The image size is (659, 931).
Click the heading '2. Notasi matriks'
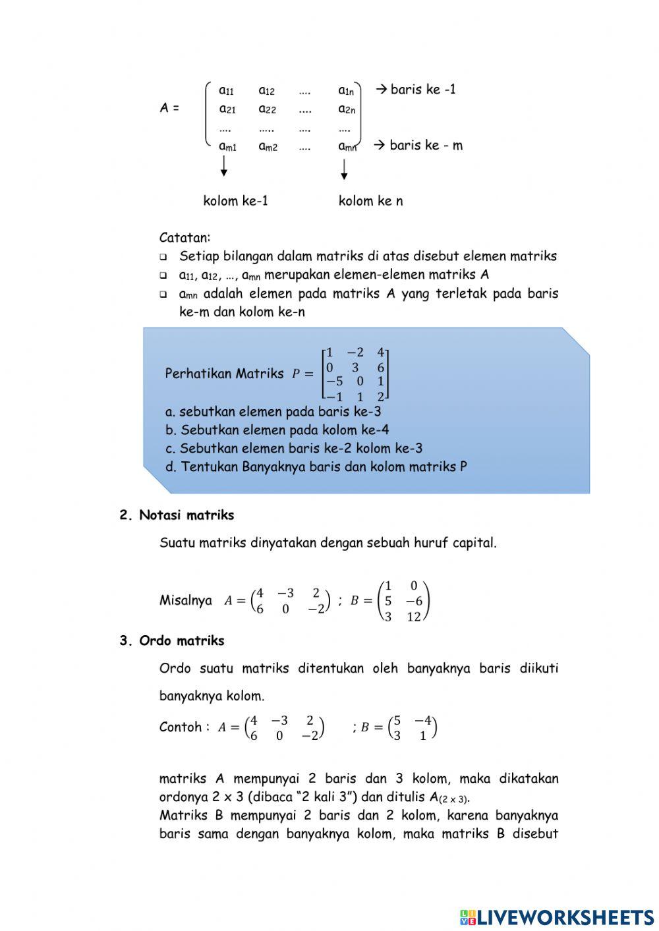click(x=177, y=515)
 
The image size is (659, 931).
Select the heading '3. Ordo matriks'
click(x=172, y=640)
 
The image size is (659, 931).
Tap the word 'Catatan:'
click(x=185, y=237)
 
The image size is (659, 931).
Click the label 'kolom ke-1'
click(x=235, y=201)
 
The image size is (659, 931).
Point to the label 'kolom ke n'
click(x=370, y=201)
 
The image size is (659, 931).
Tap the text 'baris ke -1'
click(x=422, y=90)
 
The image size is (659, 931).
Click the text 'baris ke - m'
click(x=425, y=145)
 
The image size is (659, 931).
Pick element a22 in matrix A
click(x=267, y=109)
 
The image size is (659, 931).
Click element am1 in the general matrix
click(x=227, y=146)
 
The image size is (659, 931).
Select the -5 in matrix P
click(x=335, y=381)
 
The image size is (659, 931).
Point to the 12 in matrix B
click(x=413, y=617)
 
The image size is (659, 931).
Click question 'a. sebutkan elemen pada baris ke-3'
click(x=273, y=412)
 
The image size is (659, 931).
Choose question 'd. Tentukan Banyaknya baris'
click(x=316, y=467)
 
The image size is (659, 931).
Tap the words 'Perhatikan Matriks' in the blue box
click(x=224, y=374)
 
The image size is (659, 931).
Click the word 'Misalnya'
click(x=185, y=600)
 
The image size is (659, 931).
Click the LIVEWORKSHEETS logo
click(x=557, y=917)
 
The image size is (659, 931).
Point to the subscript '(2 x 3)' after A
click(x=454, y=799)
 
